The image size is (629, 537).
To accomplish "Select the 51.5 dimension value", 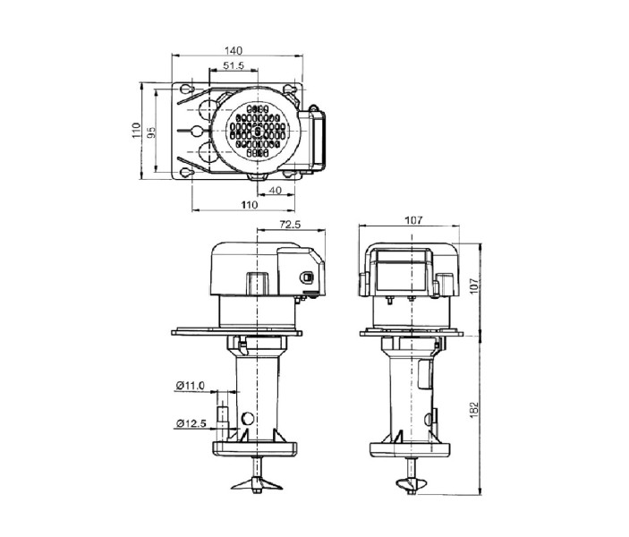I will (233, 67).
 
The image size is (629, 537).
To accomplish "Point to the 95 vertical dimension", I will (151, 131).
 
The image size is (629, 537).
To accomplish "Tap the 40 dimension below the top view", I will (275, 191).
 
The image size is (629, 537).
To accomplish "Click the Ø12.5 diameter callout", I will (191, 422).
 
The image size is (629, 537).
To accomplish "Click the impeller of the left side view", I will (256, 483).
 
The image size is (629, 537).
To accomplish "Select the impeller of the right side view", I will (412, 483).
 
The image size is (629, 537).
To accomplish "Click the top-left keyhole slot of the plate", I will (185, 91).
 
